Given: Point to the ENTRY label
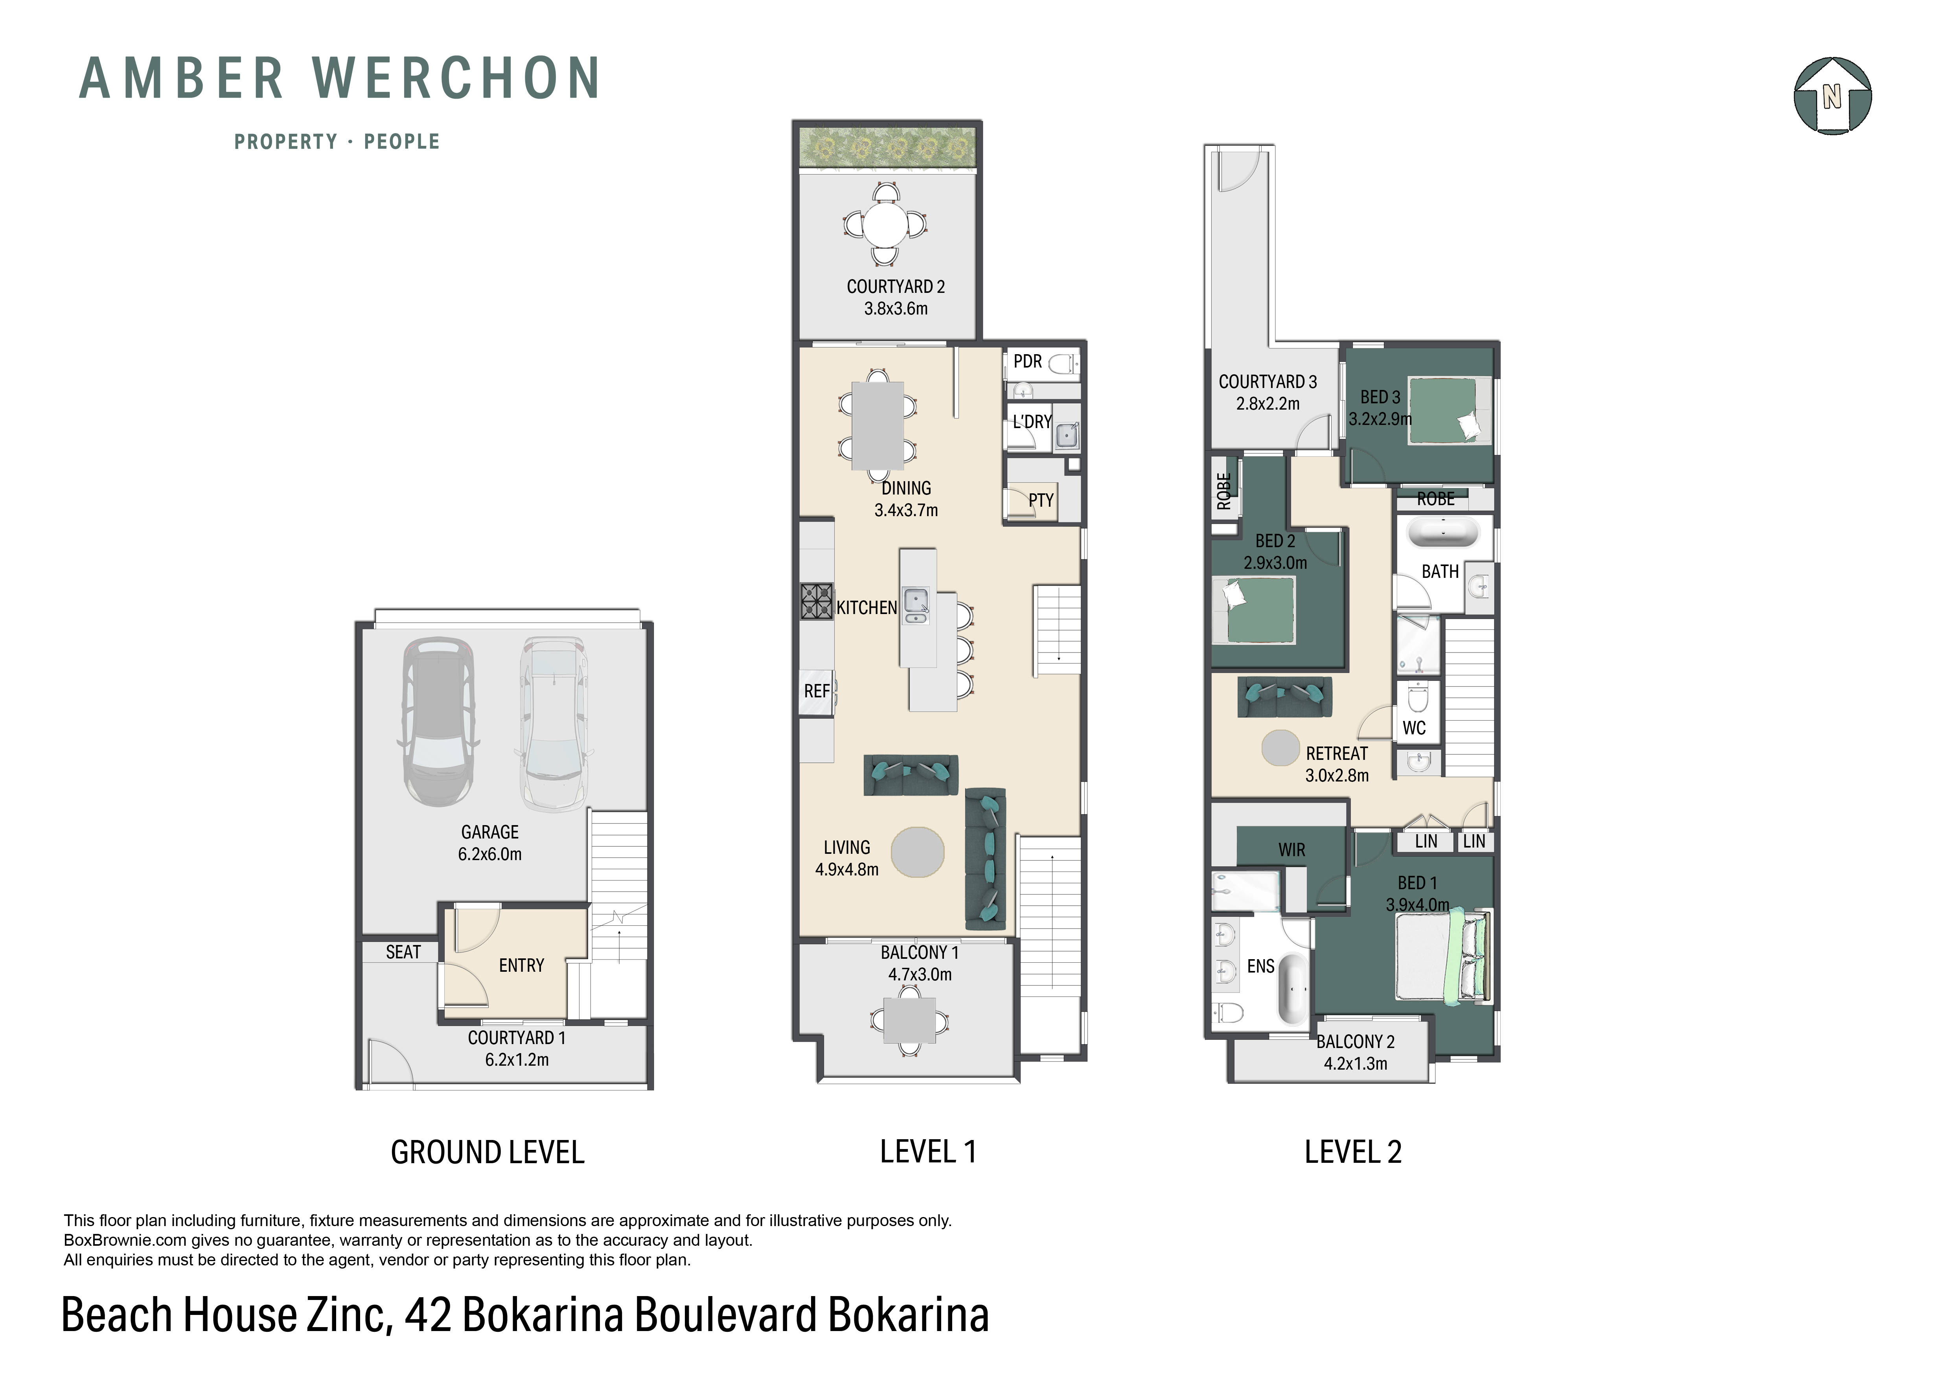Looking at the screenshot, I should (x=521, y=965).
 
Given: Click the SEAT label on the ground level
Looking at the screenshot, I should (x=403, y=952).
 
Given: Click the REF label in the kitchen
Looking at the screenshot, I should (x=816, y=691).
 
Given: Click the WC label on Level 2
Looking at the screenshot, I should (x=1414, y=728).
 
